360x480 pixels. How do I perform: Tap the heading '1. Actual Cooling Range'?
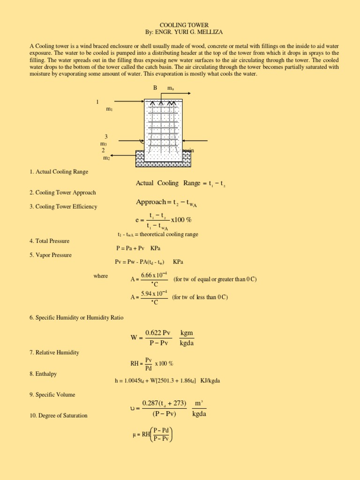59,172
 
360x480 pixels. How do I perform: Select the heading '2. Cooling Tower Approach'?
62,193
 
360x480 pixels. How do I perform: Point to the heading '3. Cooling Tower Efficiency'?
63,207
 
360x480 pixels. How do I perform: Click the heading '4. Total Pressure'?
49,241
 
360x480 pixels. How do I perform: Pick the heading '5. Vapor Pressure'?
50,255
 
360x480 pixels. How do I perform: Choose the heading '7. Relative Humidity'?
54,352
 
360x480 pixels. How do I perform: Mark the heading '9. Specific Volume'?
52,395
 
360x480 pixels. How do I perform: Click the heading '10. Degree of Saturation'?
58,415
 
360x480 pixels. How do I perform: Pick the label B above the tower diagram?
155,88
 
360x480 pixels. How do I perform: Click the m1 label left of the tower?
109,109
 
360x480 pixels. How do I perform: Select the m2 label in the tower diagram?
106,158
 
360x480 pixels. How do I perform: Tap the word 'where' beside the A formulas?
100,276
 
